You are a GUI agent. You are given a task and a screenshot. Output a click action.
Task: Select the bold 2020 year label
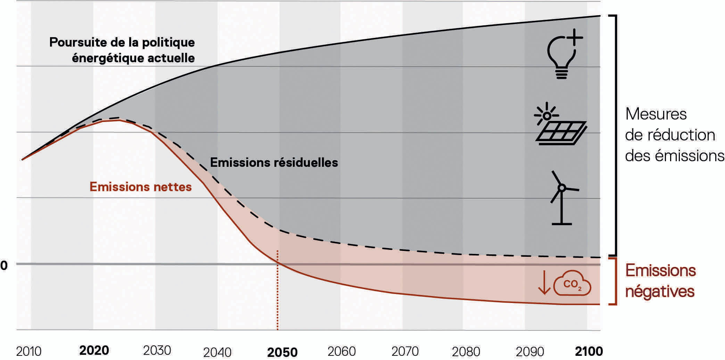pos(94,350)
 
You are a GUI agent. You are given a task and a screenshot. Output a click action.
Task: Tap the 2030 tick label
pos(157,350)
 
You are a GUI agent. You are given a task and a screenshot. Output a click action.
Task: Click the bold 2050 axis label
pos(282,352)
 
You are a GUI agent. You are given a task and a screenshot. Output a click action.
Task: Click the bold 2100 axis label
pos(589,351)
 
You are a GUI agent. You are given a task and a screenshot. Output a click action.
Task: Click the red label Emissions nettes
pos(141,187)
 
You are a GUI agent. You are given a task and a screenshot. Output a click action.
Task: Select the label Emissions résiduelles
pos(274,163)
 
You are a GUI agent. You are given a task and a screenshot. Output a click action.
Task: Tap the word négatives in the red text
pos(660,292)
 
